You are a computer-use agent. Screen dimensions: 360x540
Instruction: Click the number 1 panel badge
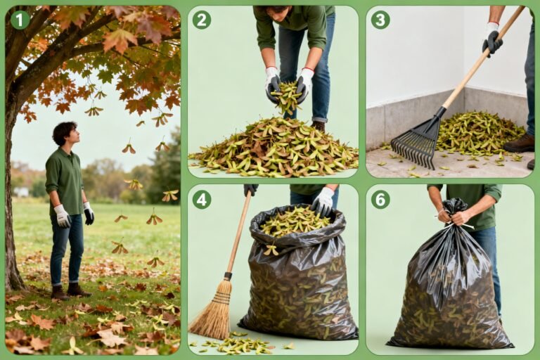click(x=20, y=20)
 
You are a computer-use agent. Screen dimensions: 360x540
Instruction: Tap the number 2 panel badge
click(x=202, y=20)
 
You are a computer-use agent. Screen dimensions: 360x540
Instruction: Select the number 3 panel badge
click(x=380, y=20)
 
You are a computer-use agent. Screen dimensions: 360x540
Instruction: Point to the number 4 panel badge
click(x=202, y=199)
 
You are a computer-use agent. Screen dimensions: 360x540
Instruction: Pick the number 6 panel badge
click(x=380, y=199)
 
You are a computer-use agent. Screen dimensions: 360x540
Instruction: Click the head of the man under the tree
click(x=65, y=134)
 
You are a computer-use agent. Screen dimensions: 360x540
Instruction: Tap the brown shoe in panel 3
click(x=520, y=143)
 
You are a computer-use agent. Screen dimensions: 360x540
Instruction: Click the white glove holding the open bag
click(x=323, y=202)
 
